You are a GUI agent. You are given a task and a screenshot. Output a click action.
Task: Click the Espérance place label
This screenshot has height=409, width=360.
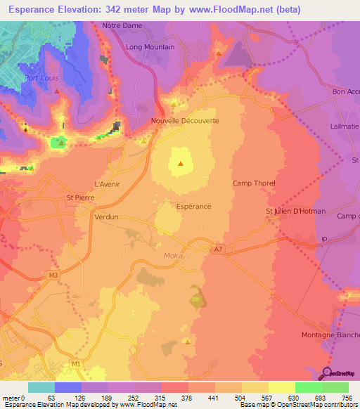(x=193, y=207)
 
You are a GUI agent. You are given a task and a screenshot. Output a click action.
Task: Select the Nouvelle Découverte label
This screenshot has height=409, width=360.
(x=185, y=121)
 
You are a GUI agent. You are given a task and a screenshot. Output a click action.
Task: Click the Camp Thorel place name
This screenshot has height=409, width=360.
(x=254, y=183)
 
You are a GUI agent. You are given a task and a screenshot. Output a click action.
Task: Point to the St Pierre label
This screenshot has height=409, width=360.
(x=79, y=198)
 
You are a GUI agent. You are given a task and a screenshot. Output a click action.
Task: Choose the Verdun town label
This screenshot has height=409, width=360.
(x=106, y=218)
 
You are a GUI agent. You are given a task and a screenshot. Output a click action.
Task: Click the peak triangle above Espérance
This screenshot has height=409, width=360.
(x=181, y=164)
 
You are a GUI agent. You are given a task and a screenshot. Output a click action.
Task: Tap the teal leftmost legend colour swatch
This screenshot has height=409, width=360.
(x=41, y=387)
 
